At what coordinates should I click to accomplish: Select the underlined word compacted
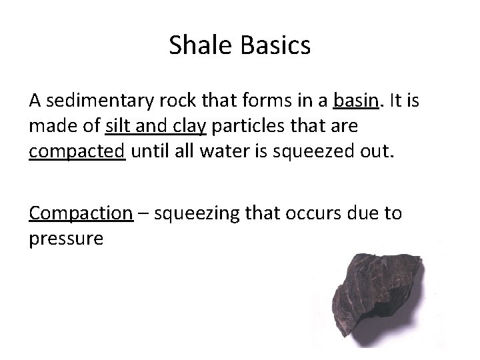click(77, 151)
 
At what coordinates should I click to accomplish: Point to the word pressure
click(66, 238)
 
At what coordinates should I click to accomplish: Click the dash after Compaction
click(143, 213)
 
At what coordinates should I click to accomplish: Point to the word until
click(150, 151)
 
